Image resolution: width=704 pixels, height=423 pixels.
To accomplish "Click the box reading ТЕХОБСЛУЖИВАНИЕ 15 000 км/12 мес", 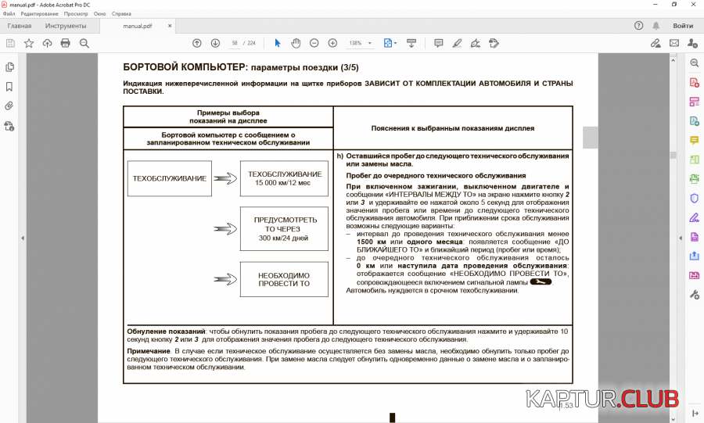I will [x=284, y=178].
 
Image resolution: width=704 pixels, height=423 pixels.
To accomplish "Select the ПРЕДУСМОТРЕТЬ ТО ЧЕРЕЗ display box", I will [x=284, y=228].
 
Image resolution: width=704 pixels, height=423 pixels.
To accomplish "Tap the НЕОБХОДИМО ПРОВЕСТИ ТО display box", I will [x=284, y=279].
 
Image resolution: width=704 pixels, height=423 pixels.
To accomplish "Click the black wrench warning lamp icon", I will [x=541, y=282].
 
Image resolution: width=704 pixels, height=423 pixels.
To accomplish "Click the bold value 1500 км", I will [x=372, y=242].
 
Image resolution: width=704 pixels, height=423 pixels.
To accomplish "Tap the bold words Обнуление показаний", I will [x=166, y=332].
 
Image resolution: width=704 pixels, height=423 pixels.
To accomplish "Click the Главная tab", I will [x=20, y=26].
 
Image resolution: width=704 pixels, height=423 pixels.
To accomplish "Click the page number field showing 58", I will [x=234, y=43].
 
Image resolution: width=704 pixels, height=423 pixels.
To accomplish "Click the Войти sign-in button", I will [x=683, y=26].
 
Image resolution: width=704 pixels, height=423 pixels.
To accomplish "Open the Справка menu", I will [x=122, y=14].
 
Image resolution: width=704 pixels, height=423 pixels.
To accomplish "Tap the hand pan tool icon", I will [x=296, y=43].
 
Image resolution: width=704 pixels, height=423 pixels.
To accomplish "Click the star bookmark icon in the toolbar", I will [x=29, y=43].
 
